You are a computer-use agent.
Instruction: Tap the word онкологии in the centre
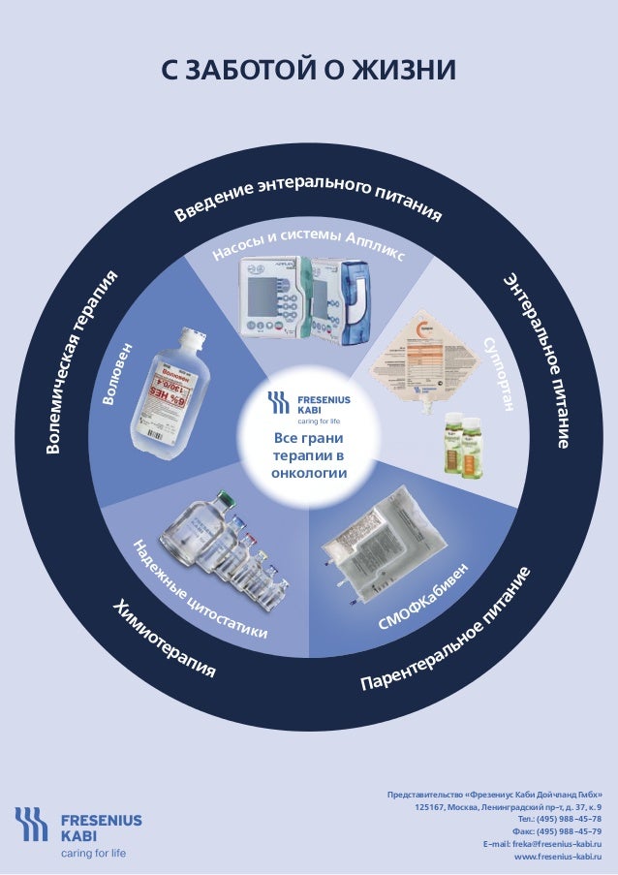pos(309,473)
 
